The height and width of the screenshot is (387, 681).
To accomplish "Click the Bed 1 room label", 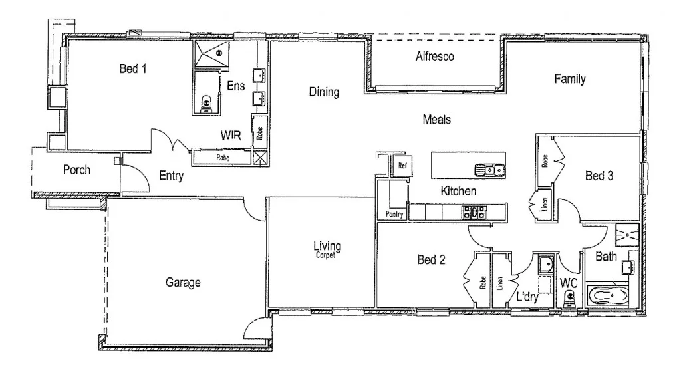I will click(132, 68).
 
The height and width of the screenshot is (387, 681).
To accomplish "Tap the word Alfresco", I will click(434, 57).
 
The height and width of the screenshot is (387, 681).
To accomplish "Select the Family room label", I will click(570, 79).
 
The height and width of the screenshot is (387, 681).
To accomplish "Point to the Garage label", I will click(183, 283).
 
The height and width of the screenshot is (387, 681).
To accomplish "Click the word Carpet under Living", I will click(327, 255).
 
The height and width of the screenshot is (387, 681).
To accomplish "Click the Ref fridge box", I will click(402, 165).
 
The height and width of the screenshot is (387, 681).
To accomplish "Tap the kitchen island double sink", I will click(489, 170).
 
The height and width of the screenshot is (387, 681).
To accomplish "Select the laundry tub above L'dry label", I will click(545, 265).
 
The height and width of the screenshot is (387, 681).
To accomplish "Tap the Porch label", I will click(76, 170).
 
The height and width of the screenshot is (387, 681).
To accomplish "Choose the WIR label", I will click(230, 135).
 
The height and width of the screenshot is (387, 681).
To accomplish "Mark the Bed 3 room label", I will click(599, 176).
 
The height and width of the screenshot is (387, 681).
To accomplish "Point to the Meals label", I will click(437, 120).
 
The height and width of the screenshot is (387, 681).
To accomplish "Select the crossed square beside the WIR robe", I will click(260, 158).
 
